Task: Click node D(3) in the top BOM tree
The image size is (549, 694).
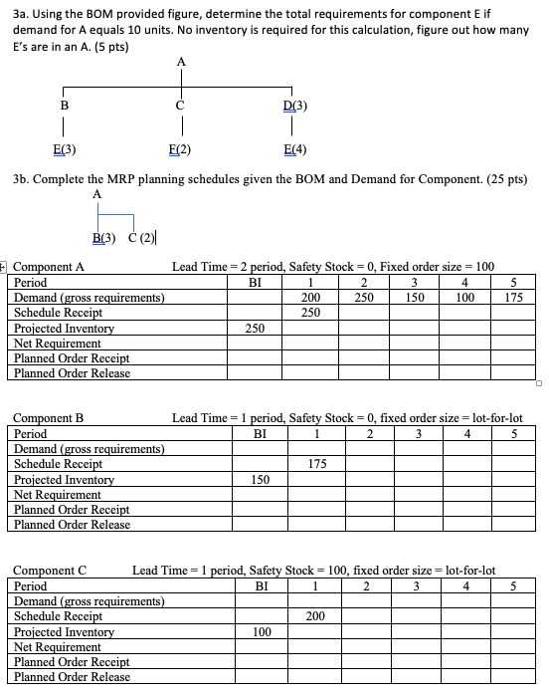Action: point(295,107)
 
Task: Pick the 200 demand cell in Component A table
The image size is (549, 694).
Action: point(310,298)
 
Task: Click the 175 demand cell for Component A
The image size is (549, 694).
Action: point(513,298)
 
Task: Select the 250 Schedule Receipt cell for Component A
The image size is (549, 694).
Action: point(310,313)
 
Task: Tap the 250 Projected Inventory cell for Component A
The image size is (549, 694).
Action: point(255,328)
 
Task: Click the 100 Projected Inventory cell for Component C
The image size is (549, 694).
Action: point(263,632)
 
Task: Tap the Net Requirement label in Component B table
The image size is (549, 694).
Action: point(57,495)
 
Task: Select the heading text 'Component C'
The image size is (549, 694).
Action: point(50,571)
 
